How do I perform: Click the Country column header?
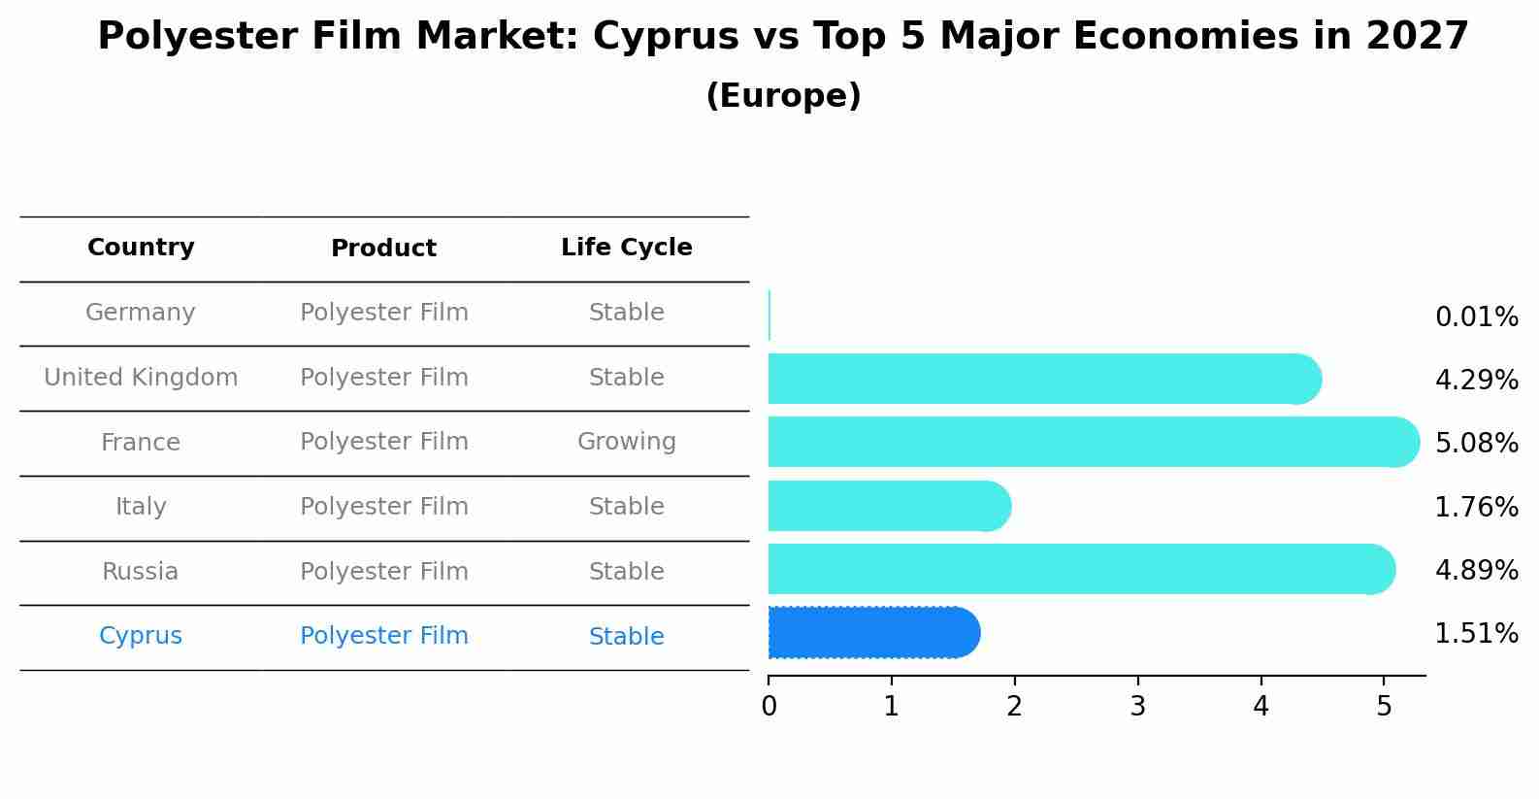tap(141, 248)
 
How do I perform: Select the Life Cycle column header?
tap(626, 248)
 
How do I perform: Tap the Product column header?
tap(383, 249)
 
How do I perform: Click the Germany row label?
tap(141, 313)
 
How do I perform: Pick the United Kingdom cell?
tap(141, 378)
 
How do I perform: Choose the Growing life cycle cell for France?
tap(626, 442)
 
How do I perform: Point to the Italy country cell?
tap(141, 507)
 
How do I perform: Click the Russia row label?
tap(141, 572)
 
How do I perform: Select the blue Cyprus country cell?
tap(141, 636)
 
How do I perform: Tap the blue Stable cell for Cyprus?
tap(626, 637)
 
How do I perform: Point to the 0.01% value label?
tap(1476, 317)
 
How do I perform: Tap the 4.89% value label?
tap(1476, 570)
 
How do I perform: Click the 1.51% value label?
tap(1476, 634)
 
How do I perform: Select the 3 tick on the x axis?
tap(1137, 707)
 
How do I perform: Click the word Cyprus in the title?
tap(666, 37)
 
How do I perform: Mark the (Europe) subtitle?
tap(783, 96)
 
